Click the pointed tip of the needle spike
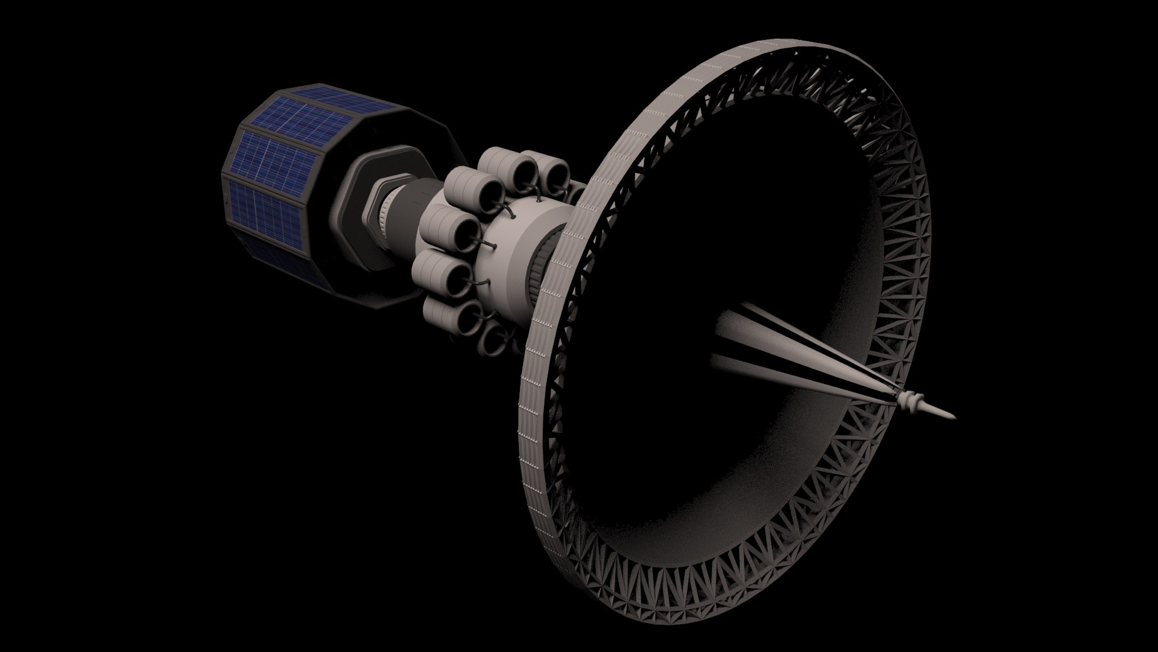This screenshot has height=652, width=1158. click(953, 415)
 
